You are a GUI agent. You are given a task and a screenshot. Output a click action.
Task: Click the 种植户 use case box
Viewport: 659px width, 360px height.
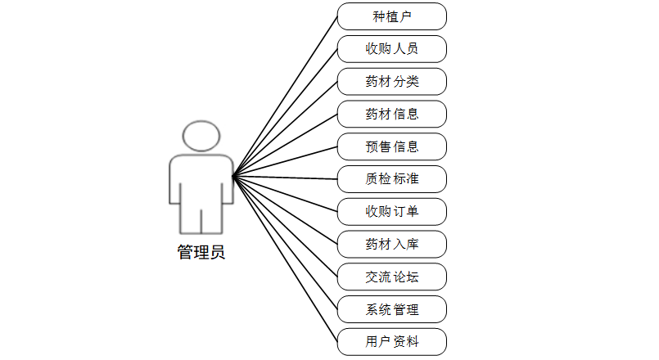391,16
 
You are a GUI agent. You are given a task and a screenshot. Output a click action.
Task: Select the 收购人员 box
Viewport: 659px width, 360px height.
391,49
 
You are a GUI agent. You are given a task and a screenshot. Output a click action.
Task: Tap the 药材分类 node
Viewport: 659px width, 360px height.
391,82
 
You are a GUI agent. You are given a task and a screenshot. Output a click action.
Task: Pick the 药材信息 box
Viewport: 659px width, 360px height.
391,114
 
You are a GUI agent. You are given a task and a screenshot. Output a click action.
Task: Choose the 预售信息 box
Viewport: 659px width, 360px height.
391,146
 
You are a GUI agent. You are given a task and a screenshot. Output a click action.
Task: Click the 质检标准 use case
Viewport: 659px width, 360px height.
391,178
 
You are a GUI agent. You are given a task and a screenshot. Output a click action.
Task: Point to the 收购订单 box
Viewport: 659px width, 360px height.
391,211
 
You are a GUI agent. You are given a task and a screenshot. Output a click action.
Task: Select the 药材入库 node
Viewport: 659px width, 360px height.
391,244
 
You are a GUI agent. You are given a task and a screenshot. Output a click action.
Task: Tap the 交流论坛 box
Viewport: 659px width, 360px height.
391,277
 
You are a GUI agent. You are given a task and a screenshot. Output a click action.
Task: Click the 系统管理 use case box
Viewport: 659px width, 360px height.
391,309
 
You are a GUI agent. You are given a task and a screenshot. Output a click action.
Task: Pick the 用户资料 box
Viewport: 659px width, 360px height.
391,341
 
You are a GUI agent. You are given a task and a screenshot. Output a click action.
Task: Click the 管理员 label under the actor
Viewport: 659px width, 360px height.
201,253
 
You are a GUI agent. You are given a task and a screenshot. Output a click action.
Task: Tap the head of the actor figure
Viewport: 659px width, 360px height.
201,135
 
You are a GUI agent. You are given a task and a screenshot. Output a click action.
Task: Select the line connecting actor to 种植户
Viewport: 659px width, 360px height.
285,97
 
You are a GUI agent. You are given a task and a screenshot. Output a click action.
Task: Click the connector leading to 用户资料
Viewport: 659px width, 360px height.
285,259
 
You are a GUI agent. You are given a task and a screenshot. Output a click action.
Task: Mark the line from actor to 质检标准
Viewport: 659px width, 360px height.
285,178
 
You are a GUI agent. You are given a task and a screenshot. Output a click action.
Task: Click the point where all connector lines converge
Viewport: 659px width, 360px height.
233,177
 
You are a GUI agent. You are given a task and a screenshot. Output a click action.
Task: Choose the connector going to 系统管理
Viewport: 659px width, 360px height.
285,243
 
